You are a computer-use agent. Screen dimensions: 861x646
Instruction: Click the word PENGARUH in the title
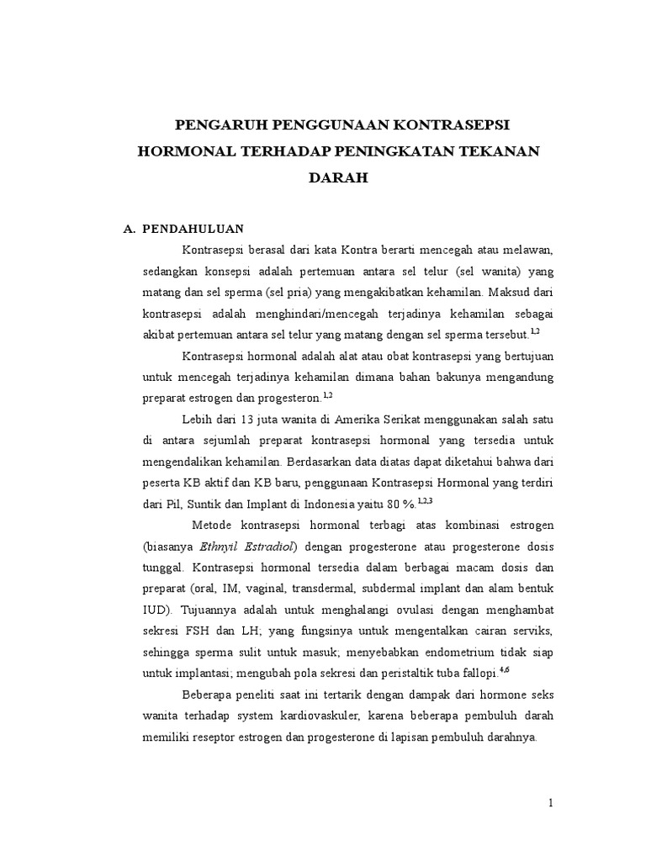[214, 125]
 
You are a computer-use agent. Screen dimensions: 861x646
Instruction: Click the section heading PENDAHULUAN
[193, 228]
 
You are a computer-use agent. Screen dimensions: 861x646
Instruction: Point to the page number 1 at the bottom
[551, 803]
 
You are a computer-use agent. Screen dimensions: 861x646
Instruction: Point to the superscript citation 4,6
[505, 669]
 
